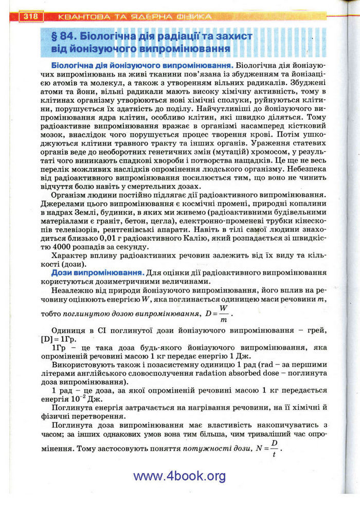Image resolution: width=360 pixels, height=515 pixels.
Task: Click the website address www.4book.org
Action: point(179,476)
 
